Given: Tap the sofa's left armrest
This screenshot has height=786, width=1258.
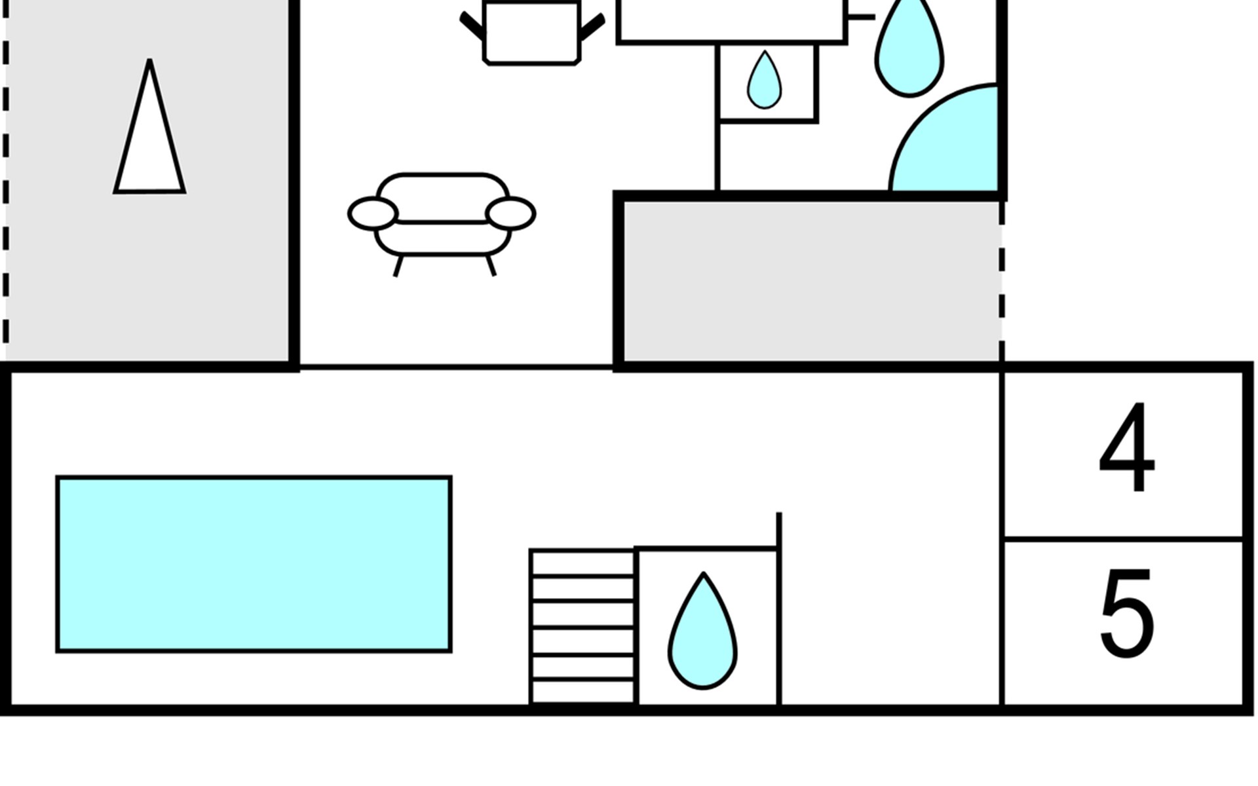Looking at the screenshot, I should click(x=373, y=214).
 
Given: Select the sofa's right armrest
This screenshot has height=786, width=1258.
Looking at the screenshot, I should click(x=511, y=214).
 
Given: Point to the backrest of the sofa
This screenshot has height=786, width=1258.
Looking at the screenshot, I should click(x=443, y=197).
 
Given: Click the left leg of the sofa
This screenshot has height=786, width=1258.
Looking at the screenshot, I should click(x=397, y=266).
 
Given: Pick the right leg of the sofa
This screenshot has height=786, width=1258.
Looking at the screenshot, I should click(x=491, y=265).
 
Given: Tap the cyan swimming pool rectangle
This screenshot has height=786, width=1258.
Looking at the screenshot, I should click(x=254, y=564).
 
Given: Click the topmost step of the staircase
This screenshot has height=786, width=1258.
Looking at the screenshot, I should click(x=582, y=563).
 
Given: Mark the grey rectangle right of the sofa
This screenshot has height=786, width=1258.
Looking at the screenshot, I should click(x=809, y=280).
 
